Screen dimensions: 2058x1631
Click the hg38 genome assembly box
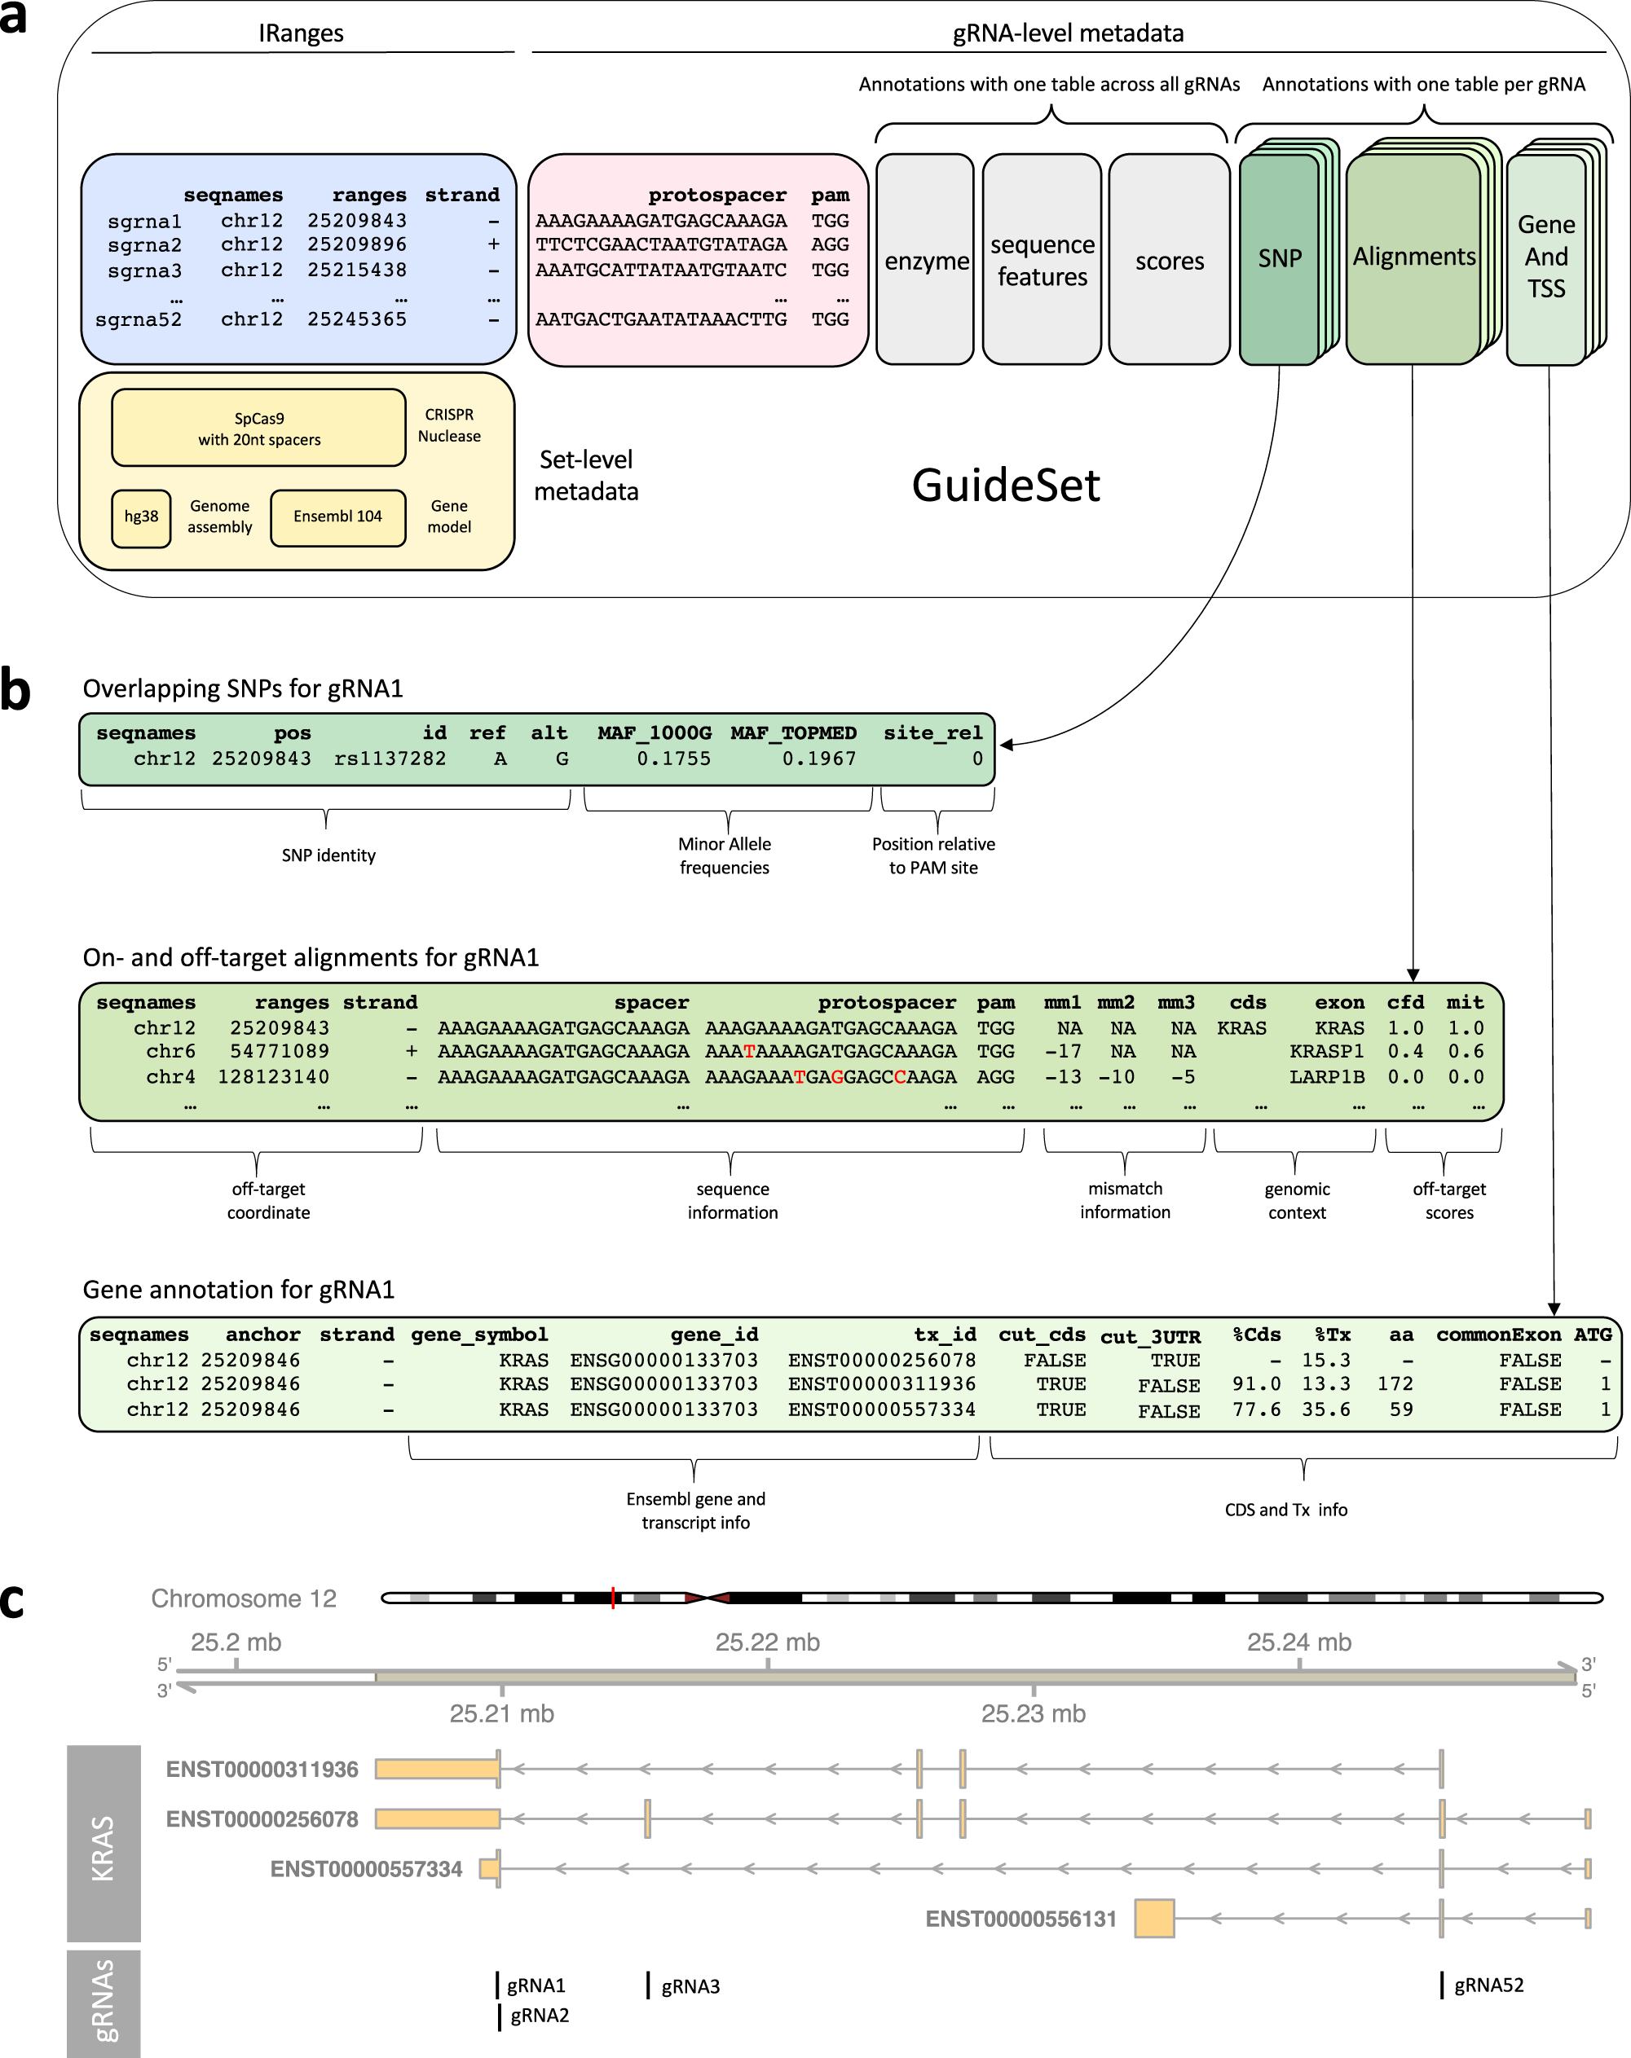point(141,517)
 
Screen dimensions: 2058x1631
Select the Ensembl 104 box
point(337,517)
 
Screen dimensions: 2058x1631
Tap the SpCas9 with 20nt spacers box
point(258,429)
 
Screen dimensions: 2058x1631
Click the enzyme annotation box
point(925,261)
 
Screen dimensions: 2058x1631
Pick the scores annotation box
point(1169,261)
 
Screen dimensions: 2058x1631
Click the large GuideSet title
point(1006,485)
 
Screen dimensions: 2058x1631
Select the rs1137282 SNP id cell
point(390,759)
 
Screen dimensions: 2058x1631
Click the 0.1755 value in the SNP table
point(673,759)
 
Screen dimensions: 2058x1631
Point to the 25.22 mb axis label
point(767,1642)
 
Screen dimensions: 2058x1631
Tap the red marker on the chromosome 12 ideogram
point(612,1598)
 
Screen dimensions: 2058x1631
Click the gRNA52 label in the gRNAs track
point(1488,1985)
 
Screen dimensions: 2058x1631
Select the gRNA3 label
point(690,1986)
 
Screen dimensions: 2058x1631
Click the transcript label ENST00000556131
point(1020,1919)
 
